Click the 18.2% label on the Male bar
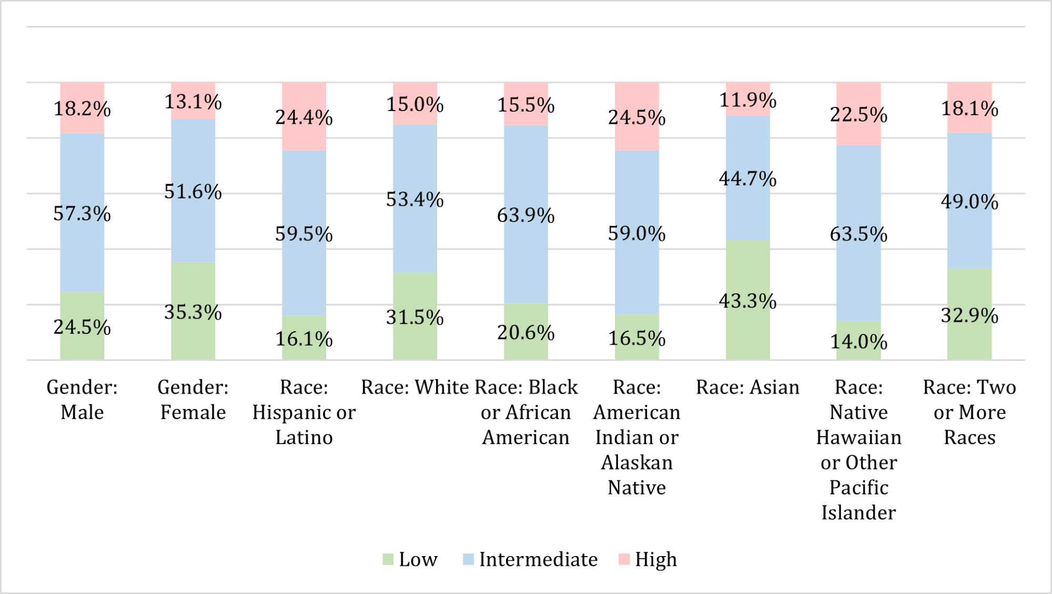tap(82, 109)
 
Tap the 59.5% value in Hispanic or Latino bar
tap(304, 234)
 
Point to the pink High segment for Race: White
tap(415, 104)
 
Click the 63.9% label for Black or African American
tap(526, 215)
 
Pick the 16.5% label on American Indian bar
tap(637, 338)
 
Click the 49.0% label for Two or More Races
tap(969, 202)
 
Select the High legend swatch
tap(624, 559)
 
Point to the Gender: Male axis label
tap(82, 400)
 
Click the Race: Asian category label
tap(747, 388)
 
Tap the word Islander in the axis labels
tap(858, 512)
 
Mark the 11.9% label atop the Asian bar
tap(748, 100)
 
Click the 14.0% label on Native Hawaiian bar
tap(859, 342)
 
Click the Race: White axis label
tap(415, 388)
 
